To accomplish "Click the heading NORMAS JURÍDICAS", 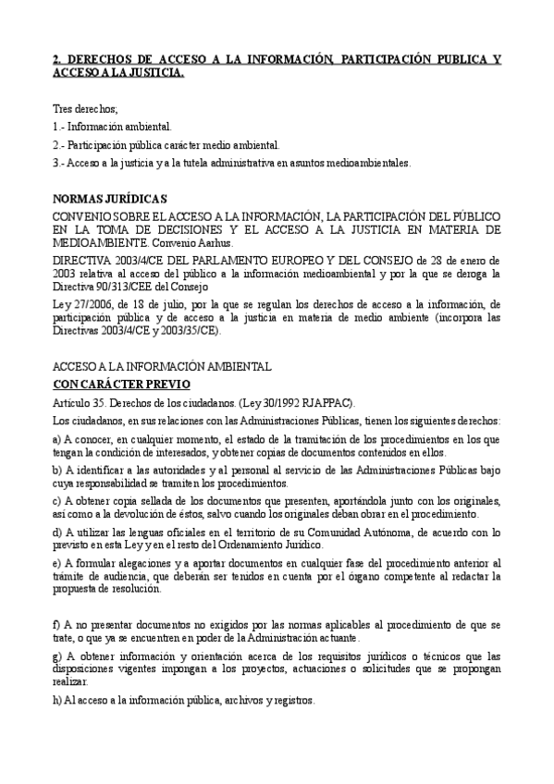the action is point(110,199).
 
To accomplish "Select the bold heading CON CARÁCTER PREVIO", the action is point(121,384).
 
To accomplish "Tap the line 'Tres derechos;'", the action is point(85,109).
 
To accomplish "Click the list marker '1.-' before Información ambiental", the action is point(60,127).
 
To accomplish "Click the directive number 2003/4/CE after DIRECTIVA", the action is point(139,261).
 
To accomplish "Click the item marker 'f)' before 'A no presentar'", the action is point(57,626).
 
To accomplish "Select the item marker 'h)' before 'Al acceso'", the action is point(57,700).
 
